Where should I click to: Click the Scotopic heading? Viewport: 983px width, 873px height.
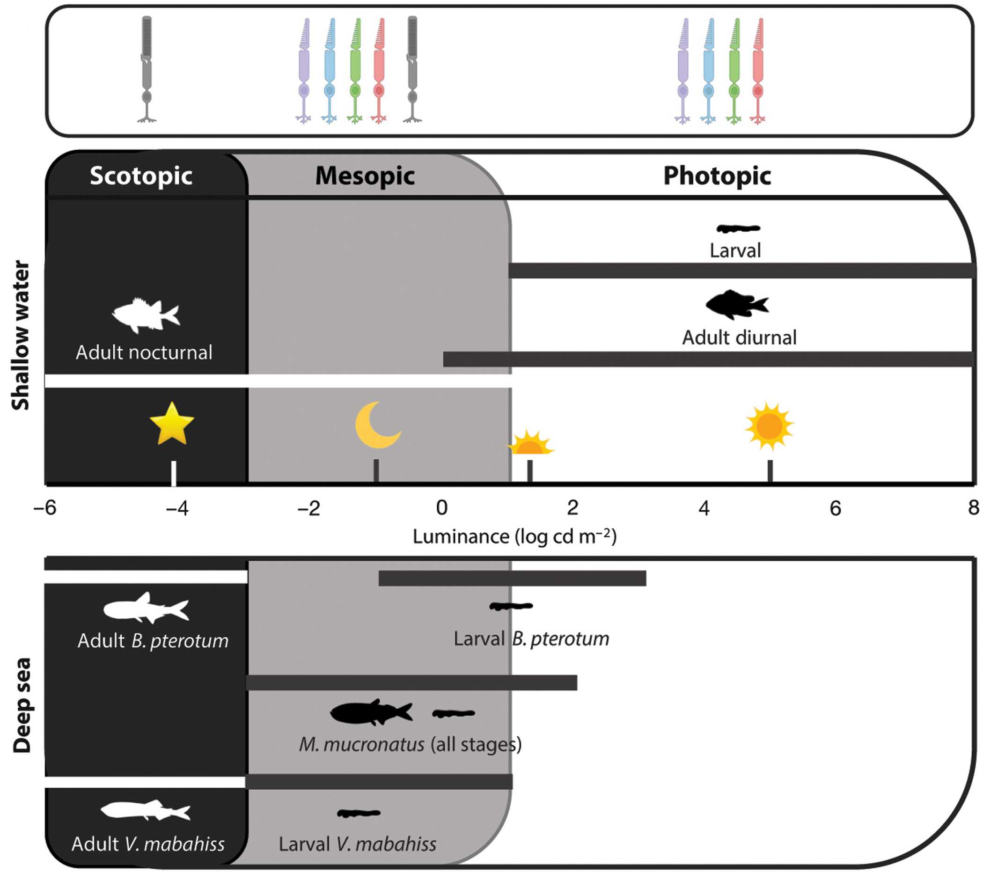tap(141, 176)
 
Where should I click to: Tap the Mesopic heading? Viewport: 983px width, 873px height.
tap(365, 176)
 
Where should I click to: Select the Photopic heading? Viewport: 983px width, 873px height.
tap(717, 176)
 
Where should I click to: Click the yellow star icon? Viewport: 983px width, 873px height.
tap(172, 424)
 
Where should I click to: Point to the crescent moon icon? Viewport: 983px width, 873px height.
tap(376, 425)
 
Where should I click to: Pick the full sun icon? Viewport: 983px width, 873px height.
tap(769, 425)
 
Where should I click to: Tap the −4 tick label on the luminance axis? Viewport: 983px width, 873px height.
tap(177, 508)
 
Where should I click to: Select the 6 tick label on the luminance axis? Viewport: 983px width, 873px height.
tap(836, 508)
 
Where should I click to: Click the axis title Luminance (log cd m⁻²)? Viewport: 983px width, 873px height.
tap(514, 536)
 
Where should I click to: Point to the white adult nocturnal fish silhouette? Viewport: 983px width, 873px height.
tap(146, 315)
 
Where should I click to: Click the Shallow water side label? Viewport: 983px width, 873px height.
tap(21, 335)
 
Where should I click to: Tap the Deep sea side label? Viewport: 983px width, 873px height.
tap(22, 705)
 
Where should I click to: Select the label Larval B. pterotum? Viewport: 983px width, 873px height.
tap(531, 639)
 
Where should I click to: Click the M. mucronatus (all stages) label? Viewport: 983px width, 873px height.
tap(410, 745)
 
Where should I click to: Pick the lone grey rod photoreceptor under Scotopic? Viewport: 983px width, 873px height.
tap(147, 70)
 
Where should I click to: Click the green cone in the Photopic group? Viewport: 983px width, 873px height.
tap(734, 71)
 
